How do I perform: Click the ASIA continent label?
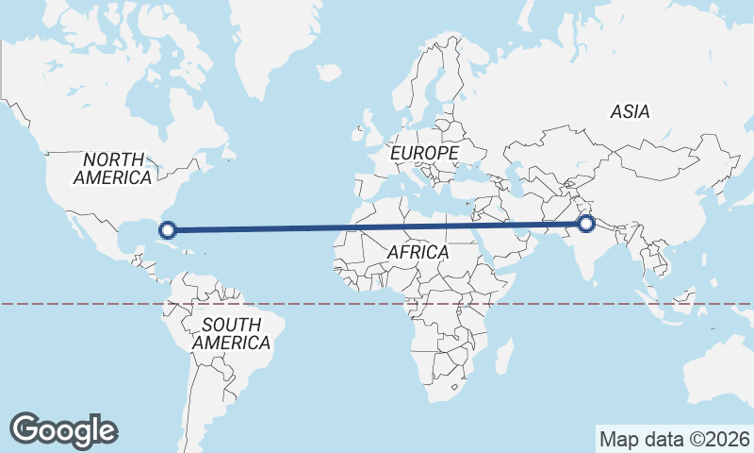(x=630, y=111)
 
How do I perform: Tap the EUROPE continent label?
(x=424, y=152)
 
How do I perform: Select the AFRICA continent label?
(x=418, y=253)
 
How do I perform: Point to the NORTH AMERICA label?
(x=112, y=168)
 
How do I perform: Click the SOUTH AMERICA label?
(x=231, y=334)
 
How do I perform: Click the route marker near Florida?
(x=168, y=229)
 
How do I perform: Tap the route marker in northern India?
(x=586, y=224)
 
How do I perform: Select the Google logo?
(x=63, y=430)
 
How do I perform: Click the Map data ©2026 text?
(x=675, y=439)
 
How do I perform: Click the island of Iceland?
(x=328, y=71)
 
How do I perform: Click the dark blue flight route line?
(x=377, y=226)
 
